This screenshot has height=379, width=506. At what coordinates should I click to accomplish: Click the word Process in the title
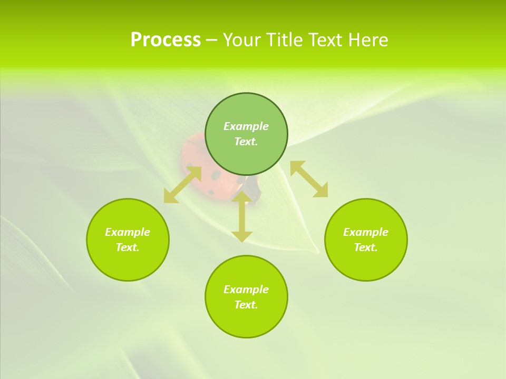(166, 40)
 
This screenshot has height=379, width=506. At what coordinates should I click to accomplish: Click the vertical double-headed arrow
(242, 216)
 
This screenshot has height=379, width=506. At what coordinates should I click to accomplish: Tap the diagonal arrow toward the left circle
(182, 185)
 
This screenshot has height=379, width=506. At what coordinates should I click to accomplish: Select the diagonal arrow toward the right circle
(309, 179)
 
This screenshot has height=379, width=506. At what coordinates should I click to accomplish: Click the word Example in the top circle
(246, 126)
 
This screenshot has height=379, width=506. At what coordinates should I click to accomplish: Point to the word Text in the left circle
(128, 247)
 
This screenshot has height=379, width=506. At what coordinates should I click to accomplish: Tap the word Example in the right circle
(366, 232)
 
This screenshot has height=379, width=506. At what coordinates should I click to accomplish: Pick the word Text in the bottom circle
(246, 305)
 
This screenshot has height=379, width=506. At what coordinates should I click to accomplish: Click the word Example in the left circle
(128, 232)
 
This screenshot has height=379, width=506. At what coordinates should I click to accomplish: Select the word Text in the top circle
(246, 142)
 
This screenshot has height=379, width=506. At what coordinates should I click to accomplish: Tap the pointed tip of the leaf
(318, 252)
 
